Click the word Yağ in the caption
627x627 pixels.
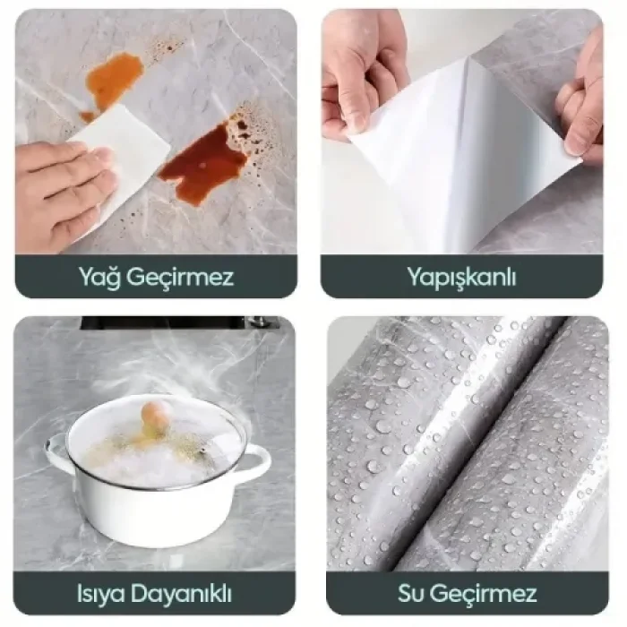[x=102, y=276]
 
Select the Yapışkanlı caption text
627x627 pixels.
[x=461, y=276]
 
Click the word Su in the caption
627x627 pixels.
[x=410, y=593]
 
